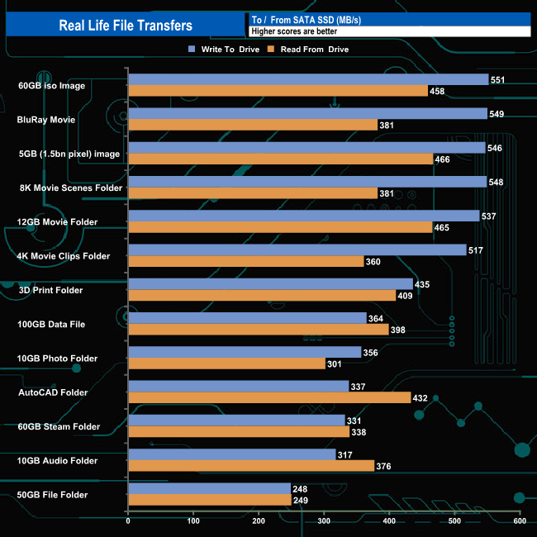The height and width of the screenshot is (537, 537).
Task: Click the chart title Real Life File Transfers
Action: [126, 25]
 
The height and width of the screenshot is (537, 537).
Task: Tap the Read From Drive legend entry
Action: [311, 50]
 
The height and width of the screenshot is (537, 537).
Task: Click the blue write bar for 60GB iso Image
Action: [307, 80]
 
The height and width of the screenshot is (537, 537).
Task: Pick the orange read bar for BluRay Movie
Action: [252, 125]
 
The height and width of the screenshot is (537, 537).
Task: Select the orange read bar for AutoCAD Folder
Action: [269, 397]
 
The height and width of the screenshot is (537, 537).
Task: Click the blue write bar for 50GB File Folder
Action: [209, 489]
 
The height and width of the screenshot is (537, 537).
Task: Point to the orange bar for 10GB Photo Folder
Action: [226, 364]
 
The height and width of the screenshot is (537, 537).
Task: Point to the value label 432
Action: [421, 397]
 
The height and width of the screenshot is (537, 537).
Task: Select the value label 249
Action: [302, 500]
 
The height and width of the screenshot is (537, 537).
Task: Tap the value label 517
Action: [475, 250]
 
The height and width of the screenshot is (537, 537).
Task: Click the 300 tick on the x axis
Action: [324, 520]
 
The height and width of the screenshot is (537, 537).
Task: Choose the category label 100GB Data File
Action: [51, 324]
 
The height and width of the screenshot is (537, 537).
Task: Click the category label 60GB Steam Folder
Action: [59, 426]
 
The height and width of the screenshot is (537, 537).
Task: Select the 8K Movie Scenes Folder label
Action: [69, 188]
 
